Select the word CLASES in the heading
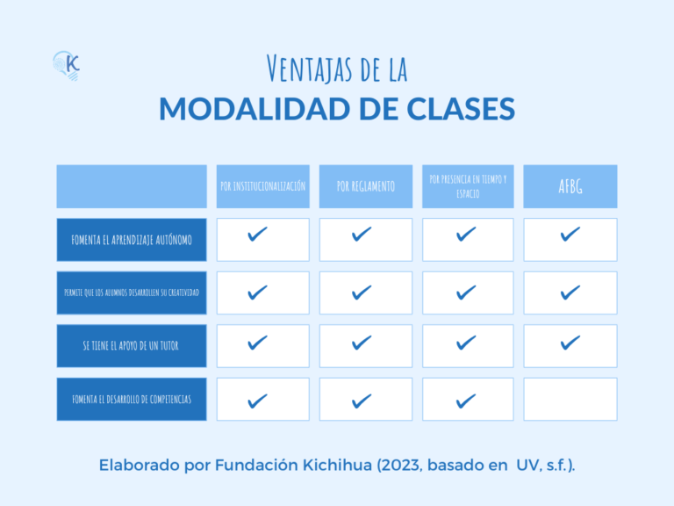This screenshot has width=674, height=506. click(462, 109)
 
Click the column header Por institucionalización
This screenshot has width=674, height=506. click(262, 186)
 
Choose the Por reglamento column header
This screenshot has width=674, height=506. click(365, 186)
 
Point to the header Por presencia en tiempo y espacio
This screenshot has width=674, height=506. click(468, 185)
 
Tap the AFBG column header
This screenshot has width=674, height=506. click(570, 186)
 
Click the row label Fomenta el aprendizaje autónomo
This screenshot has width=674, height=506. click(132, 240)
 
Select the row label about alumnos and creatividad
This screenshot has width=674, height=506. click(132, 293)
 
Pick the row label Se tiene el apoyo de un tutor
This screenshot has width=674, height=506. click(132, 346)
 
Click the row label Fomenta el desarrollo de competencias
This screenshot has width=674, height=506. click(132, 400)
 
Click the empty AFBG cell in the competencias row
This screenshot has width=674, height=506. click(570, 400)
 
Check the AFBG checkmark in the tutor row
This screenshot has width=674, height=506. click(570, 343)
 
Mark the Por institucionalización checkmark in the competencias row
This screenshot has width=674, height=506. click(258, 401)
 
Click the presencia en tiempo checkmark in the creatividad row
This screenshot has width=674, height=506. click(466, 292)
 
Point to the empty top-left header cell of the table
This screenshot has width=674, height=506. click(132, 186)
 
